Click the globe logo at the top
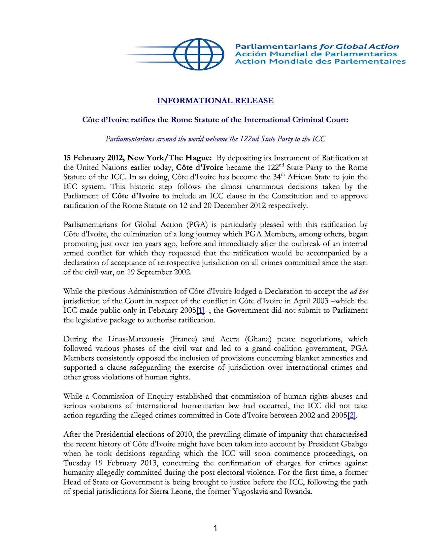[x=198, y=54]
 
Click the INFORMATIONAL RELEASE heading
[x=215, y=100]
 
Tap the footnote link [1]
[x=200, y=310]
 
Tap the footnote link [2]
[x=352, y=415]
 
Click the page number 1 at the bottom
[x=215, y=528]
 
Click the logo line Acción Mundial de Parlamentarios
[x=316, y=54]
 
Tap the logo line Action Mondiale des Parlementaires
[x=320, y=61]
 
